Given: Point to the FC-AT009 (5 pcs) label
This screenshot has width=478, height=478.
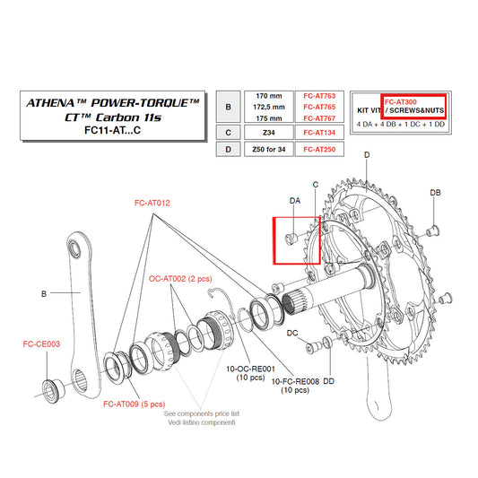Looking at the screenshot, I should tap(134, 404).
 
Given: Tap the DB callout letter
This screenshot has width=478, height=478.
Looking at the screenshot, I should tap(435, 193).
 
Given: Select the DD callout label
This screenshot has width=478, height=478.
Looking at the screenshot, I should tap(329, 381).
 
